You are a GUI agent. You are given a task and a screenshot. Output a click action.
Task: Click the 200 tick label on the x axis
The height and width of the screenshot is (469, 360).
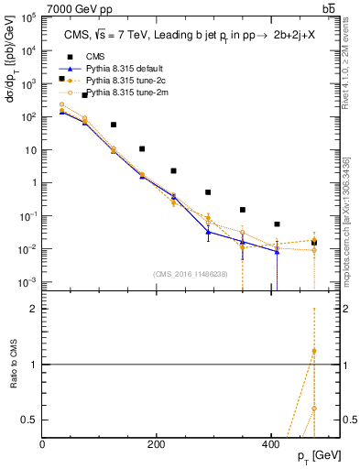(157, 443)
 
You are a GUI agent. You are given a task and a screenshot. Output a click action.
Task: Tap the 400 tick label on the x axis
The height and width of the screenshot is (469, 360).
(270, 443)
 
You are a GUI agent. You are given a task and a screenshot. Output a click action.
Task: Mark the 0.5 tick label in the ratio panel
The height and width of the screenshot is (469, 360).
(30, 420)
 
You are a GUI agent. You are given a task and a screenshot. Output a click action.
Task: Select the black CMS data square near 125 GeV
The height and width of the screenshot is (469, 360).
(114, 125)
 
